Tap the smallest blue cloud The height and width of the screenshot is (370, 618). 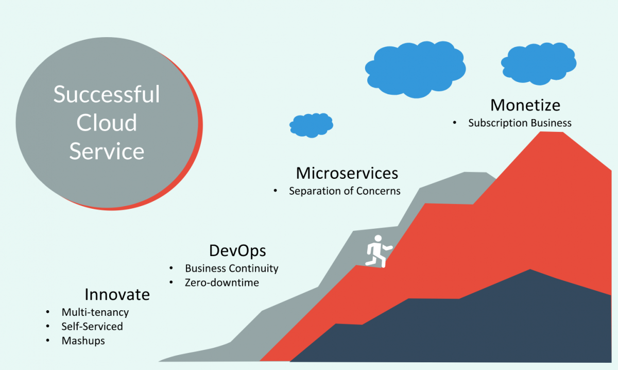pyautogui.click(x=311, y=125)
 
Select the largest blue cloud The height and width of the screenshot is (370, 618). pyautogui.click(x=415, y=69)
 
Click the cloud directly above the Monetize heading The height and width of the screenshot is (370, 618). pyautogui.click(x=539, y=63)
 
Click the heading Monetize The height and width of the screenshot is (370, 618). pyautogui.click(x=525, y=105)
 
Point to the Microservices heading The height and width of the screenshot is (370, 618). pyautogui.click(x=347, y=173)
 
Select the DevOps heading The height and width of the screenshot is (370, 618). pyautogui.click(x=237, y=251)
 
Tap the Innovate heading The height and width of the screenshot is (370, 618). pyautogui.click(x=117, y=294)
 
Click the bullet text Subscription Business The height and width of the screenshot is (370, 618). pyautogui.click(x=520, y=123)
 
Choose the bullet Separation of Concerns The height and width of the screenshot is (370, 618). pyautogui.click(x=345, y=191)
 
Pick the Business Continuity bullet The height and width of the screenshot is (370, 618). pyautogui.click(x=231, y=268)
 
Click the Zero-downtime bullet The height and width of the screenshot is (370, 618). pyautogui.click(x=222, y=282)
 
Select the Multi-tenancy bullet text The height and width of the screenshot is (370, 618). pyautogui.click(x=95, y=312)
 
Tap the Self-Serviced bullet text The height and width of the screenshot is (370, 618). pyautogui.click(x=92, y=326)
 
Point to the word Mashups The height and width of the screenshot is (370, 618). pyautogui.click(x=83, y=341)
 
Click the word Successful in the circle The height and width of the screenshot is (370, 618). pyautogui.click(x=107, y=94)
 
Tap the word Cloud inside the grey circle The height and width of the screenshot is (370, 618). pyautogui.click(x=107, y=123)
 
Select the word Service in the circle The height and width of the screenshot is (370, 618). pyautogui.click(x=107, y=151)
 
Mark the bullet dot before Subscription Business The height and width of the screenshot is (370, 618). pyautogui.click(x=454, y=123)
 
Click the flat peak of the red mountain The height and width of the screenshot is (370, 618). pyautogui.click(x=551, y=132)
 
